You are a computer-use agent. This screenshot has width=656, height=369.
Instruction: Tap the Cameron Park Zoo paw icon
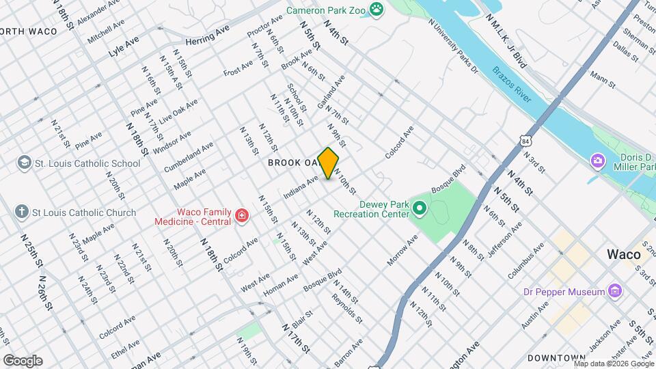(376, 10)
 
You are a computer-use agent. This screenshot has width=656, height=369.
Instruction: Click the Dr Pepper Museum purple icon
(615, 292)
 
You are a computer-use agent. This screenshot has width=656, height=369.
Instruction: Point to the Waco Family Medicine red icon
(241, 216)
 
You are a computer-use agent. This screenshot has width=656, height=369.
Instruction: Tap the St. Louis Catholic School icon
(25, 163)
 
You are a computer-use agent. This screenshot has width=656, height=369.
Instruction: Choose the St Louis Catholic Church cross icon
(22, 212)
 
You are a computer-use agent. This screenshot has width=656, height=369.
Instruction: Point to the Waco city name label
(624, 255)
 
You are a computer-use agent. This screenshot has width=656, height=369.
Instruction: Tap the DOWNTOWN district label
(557, 358)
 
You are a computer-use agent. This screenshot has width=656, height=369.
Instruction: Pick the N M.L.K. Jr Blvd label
(506, 42)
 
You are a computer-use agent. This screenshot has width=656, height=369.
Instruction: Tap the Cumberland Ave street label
(189, 156)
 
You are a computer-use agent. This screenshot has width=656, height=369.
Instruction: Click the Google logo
(23, 361)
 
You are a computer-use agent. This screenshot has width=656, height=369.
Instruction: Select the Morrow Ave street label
(402, 251)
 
